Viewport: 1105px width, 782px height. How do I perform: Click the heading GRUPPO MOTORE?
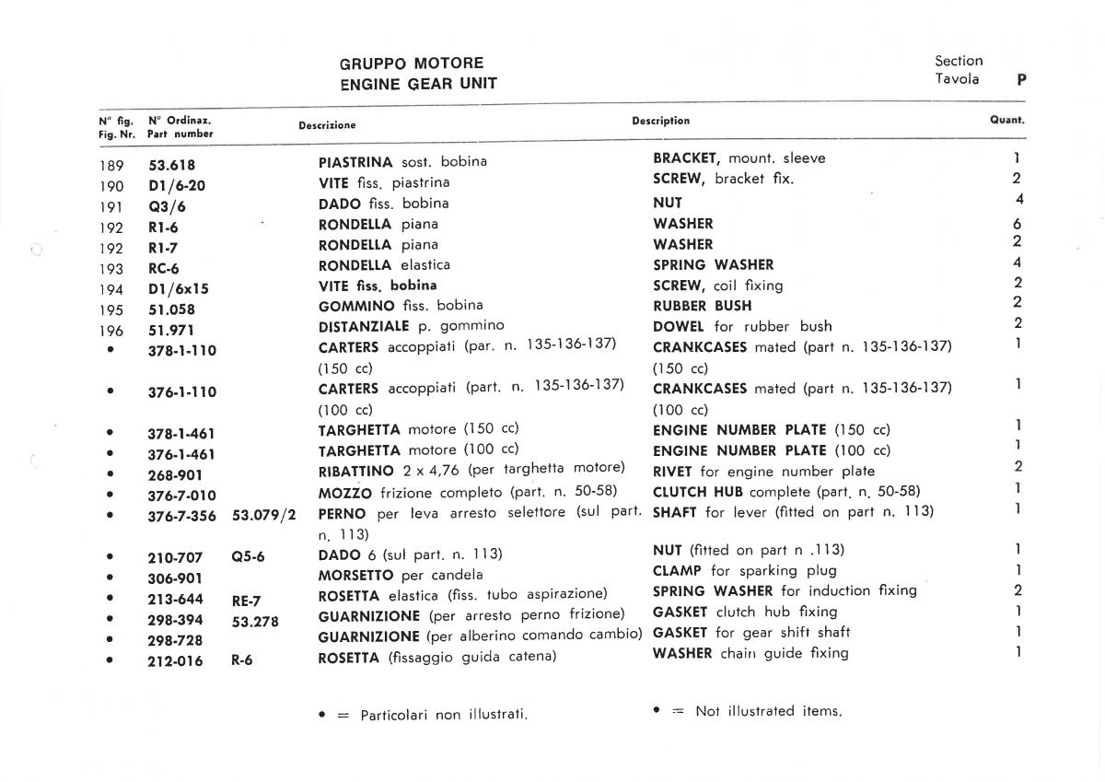pyautogui.click(x=411, y=64)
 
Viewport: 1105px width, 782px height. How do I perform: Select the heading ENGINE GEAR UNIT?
pyautogui.click(x=418, y=84)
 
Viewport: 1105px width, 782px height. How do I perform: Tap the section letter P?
pyautogui.click(x=1021, y=80)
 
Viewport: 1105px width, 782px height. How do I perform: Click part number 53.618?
pyautogui.click(x=171, y=166)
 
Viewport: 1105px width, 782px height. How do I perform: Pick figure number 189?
pyautogui.click(x=110, y=166)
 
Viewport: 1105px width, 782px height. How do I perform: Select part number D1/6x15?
pyautogui.click(x=179, y=289)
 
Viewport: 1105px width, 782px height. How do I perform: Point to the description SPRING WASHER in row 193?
pyautogui.click(x=714, y=265)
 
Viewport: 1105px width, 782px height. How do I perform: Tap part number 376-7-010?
pyautogui.click(x=181, y=496)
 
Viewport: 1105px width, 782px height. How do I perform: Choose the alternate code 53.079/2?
pyautogui.click(x=263, y=515)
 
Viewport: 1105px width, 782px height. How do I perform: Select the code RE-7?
pyautogui.click(x=247, y=601)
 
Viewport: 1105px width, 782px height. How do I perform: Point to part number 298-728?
pyautogui.click(x=175, y=640)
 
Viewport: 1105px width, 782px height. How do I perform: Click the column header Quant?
pyautogui.click(x=1007, y=121)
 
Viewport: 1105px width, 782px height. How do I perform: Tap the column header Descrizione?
pyautogui.click(x=327, y=125)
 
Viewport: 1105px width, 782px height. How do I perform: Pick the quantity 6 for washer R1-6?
pyautogui.click(x=1018, y=225)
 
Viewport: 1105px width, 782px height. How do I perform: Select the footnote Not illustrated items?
pyautogui.click(x=769, y=711)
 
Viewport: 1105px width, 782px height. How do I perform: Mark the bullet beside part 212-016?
pyautogui.click(x=110, y=659)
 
